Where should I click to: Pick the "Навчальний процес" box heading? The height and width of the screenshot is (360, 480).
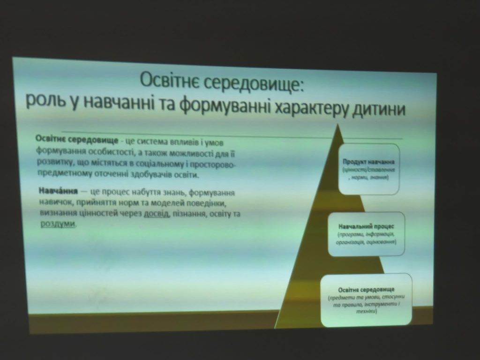click(366, 225)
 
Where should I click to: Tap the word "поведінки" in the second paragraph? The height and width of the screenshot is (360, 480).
click(219, 204)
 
